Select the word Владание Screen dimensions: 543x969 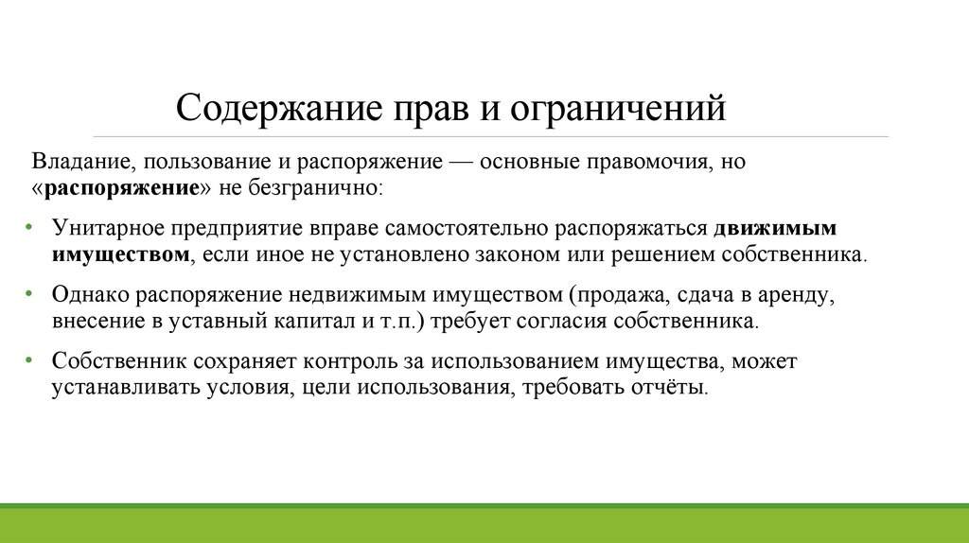click(x=73, y=162)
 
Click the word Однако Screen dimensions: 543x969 click(x=86, y=295)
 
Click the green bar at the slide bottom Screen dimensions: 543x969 click(x=484, y=525)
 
